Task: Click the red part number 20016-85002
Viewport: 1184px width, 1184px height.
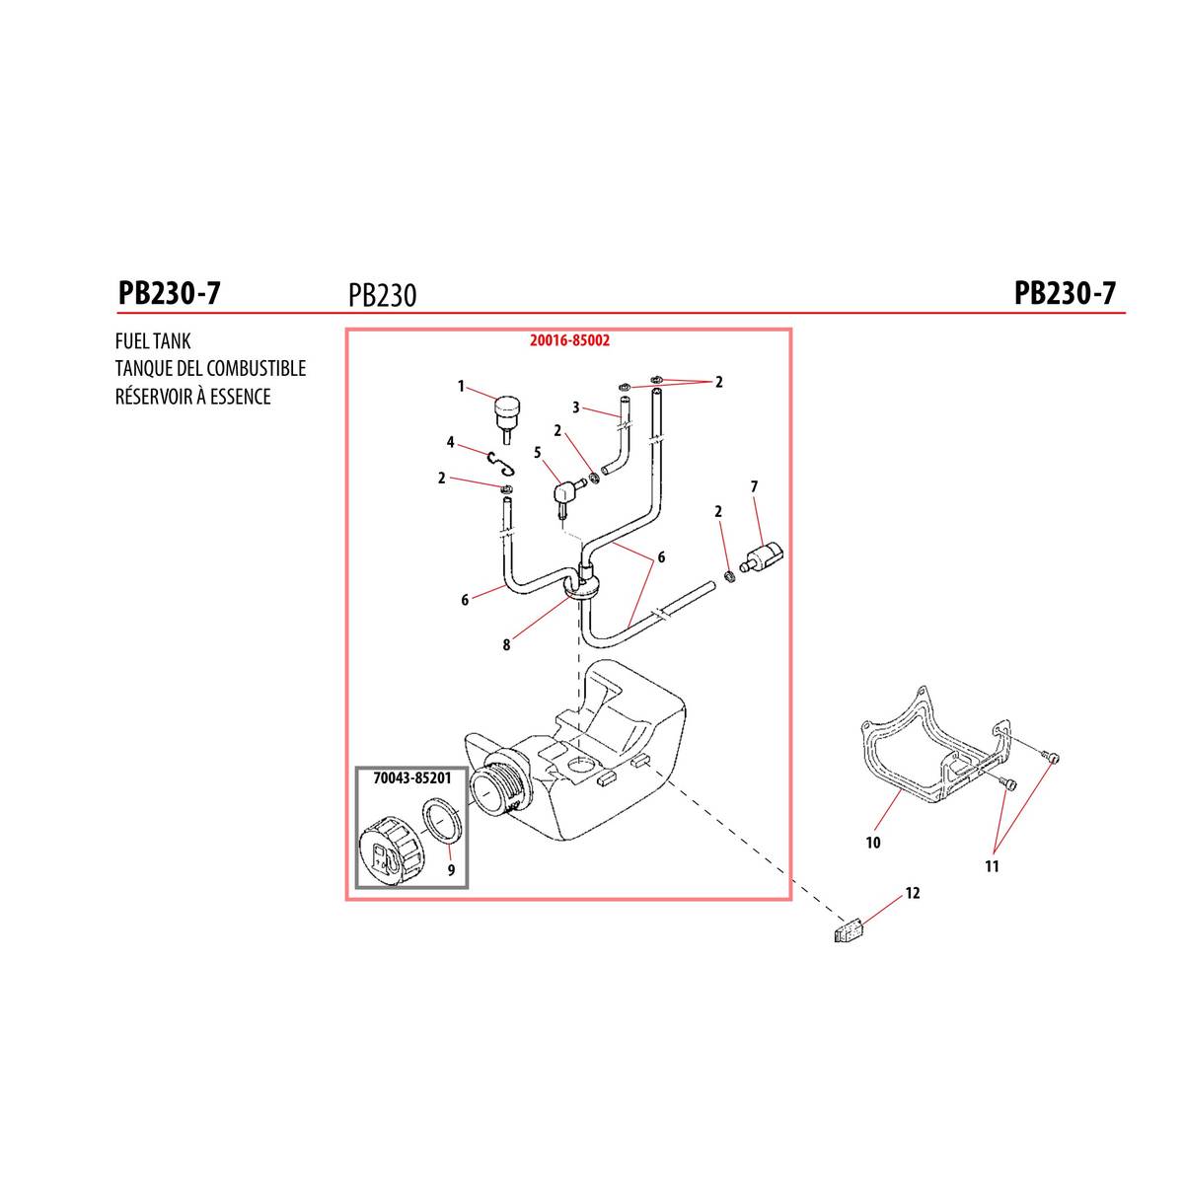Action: pyautogui.click(x=569, y=339)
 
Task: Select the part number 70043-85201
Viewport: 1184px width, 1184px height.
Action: pyautogui.click(x=412, y=778)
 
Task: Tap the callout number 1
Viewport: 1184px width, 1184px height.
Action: pyautogui.click(x=461, y=387)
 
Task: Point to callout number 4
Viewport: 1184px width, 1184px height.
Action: pyautogui.click(x=450, y=442)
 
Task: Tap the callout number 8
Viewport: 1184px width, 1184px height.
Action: pyautogui.click(x=506, y=645)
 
